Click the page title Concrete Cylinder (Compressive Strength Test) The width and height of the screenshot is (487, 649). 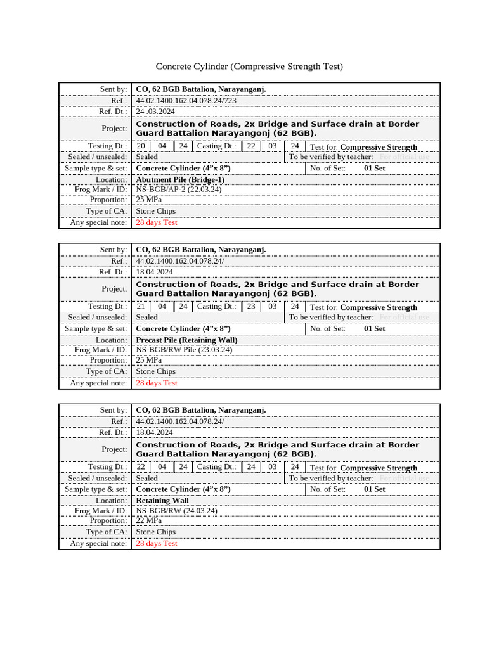(x=249, y=67)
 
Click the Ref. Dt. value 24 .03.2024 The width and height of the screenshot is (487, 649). (x=155, y=112)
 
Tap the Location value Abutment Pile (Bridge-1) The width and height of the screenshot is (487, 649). (x=180, y=180)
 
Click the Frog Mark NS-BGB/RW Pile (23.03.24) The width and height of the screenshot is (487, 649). (x=184, y=350)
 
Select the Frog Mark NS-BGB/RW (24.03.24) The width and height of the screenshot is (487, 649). (x=176, y=510)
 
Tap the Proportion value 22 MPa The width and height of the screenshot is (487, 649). (x=149, y=520)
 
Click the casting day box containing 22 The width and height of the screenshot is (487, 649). (x=251, y=146)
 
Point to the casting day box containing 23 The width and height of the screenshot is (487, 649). (x=251, y=306)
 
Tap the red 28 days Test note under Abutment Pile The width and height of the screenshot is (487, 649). (x=157, y=222)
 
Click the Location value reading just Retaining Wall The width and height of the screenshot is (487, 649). (x=162, y=501)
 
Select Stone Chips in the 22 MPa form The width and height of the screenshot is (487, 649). (x=156, y=532)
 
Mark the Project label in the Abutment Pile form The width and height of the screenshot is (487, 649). (x=114, y=128)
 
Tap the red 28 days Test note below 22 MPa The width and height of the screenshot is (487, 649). (x=157, y=543)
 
